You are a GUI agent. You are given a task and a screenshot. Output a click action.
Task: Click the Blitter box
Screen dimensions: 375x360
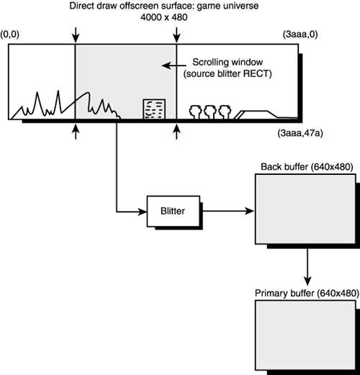[x=171, y=212]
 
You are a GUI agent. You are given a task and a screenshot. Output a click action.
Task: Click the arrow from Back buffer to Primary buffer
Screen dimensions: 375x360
[x=307, y=266]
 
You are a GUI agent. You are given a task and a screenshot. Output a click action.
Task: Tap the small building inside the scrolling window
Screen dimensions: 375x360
[x=153, y=109]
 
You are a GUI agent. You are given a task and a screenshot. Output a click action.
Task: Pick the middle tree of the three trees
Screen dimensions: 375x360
[x=210, y=111]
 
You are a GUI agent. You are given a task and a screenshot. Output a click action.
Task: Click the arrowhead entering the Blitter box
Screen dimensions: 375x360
[x=143, y=212]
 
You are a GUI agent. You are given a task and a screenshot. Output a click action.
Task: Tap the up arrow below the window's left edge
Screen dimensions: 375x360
[x=75, y=132]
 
